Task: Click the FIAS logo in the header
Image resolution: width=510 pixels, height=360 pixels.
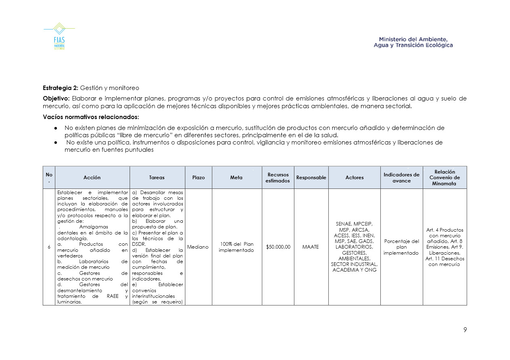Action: (59, 37)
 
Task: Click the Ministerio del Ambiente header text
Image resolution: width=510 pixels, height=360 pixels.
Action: (413, 42)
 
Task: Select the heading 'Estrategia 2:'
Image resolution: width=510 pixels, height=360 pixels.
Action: (61, 88)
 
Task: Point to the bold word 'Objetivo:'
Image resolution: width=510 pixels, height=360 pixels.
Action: (56, 98)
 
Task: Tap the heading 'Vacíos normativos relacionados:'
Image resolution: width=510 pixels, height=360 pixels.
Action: (91, 117)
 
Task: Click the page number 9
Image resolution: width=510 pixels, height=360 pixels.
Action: (465, 330)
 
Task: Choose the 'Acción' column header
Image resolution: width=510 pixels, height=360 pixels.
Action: (92, 178)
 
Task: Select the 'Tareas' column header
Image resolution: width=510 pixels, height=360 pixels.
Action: (157, 178)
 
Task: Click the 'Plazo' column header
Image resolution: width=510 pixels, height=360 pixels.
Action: (198, 178)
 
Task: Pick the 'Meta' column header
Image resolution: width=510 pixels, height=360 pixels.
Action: (237, 178)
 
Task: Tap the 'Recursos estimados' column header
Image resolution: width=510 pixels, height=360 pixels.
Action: (277, 178)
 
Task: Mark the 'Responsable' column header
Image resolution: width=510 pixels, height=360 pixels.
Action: (311, 178)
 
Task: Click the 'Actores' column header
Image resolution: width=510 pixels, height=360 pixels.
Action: (354, 178)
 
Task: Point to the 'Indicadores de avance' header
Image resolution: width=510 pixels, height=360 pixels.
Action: (401, 178)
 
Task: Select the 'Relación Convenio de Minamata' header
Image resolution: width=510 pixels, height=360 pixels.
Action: (445, 178)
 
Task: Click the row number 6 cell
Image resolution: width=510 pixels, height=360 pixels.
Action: (49, 247)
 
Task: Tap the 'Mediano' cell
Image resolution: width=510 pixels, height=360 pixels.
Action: (198, 247)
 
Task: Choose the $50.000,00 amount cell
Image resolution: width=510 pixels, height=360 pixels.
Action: (278, 247)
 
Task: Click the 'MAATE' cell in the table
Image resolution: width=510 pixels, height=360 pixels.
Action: (311, 247)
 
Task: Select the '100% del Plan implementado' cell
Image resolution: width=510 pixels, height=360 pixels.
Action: (237, 247)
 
